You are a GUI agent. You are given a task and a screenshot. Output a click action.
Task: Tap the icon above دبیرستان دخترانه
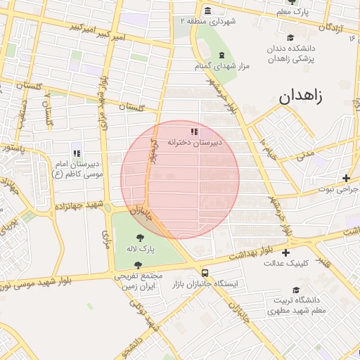point(194,131)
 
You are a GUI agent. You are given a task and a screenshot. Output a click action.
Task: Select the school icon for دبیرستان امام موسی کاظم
point(77,153)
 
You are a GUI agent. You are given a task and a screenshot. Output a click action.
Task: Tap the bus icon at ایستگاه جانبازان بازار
point(205,273)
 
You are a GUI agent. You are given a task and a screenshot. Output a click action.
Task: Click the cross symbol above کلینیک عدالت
point(285,252)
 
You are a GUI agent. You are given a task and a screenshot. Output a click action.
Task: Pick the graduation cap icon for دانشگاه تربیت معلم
point(296,290)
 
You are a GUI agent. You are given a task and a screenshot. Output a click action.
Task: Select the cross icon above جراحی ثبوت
point(345,179)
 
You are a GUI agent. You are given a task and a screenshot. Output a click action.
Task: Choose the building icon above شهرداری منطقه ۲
point(208,11)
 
